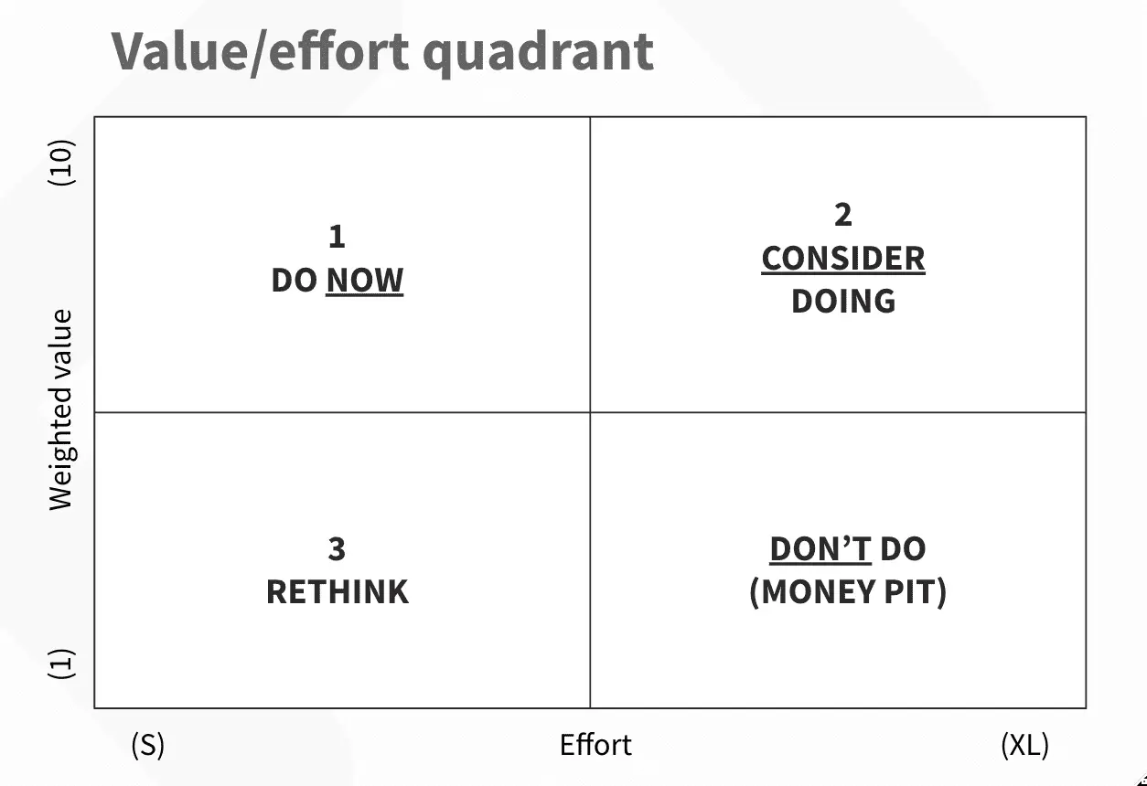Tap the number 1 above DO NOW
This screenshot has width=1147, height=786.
tap(337, 237)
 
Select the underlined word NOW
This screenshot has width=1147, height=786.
tap(364, 281)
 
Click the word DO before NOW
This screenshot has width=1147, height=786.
tap(294, 281)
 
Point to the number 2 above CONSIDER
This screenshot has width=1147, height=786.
tap(842, 215)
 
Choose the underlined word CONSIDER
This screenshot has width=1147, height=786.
tap(842, 259)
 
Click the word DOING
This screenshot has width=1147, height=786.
tap(842, 301)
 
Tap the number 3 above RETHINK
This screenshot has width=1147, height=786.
tap(337, 549)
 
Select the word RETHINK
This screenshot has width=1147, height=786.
tap(337, 592)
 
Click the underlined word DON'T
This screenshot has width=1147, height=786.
tap(820, 549)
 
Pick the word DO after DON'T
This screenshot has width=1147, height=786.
tap(903, 549)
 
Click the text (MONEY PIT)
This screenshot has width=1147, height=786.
tap(847, 592)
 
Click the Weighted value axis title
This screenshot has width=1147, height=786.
tap(60, 410)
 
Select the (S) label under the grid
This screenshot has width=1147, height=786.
tap(148, 745)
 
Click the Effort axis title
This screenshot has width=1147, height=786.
tap(595, 745)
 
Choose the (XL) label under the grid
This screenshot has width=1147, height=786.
tap(1024, 745)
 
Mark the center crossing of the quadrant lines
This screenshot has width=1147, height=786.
tap(590, 412)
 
